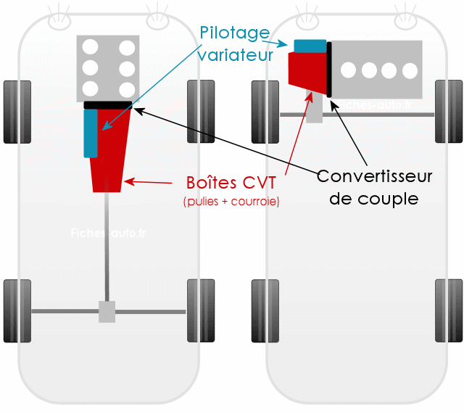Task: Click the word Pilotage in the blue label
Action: click(x=233, y=33)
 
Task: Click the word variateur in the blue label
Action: click(x=236, y=54)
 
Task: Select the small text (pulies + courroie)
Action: click(x=231, y=201)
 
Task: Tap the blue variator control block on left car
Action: click(x=91, y=132)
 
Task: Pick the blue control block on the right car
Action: click(x=310, y=45)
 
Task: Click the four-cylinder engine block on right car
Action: click(x=377, y=70)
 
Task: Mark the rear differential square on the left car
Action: click(x=107, y=312)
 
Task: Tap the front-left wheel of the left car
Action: click(x=17, y=112)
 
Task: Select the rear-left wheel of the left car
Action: click(x=17, y=310)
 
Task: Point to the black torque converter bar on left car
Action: click(x=109, y=105)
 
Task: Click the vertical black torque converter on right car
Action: click(x=329, y=70)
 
